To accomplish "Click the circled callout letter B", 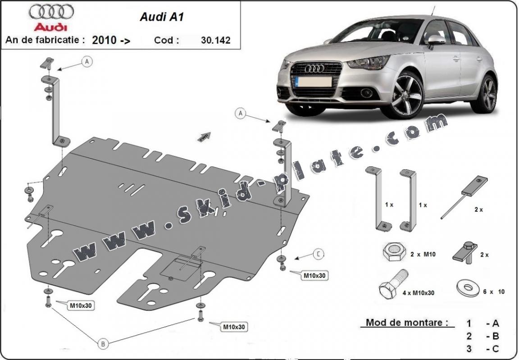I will pos(103,344).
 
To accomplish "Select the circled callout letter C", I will pos(318,255).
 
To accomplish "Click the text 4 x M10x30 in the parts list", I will pos(419,293).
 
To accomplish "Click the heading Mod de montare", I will pos(407,322).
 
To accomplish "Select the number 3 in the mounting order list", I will pos(469,348).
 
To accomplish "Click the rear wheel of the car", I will pos(489,94).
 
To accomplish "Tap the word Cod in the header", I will pos(166,40).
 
